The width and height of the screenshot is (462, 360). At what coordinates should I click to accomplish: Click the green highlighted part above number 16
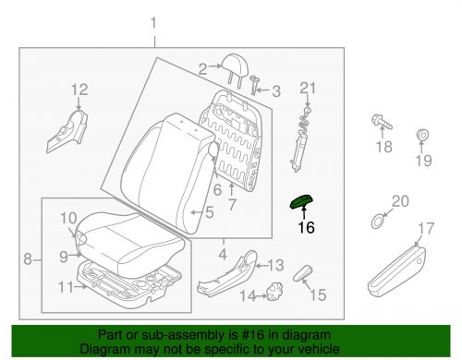pyautogui.click(x=302, y=202)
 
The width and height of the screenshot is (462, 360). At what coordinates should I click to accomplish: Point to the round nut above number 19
pyautogui.click(x=422, y=135)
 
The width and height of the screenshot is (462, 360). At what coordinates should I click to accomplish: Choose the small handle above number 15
pyautogui.click(x=303, y=273)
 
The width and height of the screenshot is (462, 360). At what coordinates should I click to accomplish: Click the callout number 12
pyautogui.click(x=79, y=90)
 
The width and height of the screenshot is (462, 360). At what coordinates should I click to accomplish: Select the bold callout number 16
pyautogui.click(x=306, y=228)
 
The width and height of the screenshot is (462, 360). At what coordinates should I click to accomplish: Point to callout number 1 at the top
pyautogui.click(x=153, y=24)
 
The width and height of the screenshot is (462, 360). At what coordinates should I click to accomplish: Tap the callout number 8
pyautogui.click(x=28, y=258)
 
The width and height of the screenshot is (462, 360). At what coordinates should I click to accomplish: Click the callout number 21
pyautogui.click(x=308, y=89)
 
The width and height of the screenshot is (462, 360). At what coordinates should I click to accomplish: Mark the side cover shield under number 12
pyautogui.click(x=67, y=131)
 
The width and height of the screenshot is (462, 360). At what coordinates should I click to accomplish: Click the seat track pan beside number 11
pyautogui.click(x=129, y=283)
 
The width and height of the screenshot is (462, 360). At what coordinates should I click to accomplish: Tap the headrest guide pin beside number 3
pyautogui.click(x=254, y=84)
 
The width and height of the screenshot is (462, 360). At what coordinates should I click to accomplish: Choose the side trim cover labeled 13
pyautogui.click(x=227, y=273)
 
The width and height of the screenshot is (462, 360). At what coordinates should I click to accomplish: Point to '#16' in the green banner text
pyautogui.click(x=253, y=335)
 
